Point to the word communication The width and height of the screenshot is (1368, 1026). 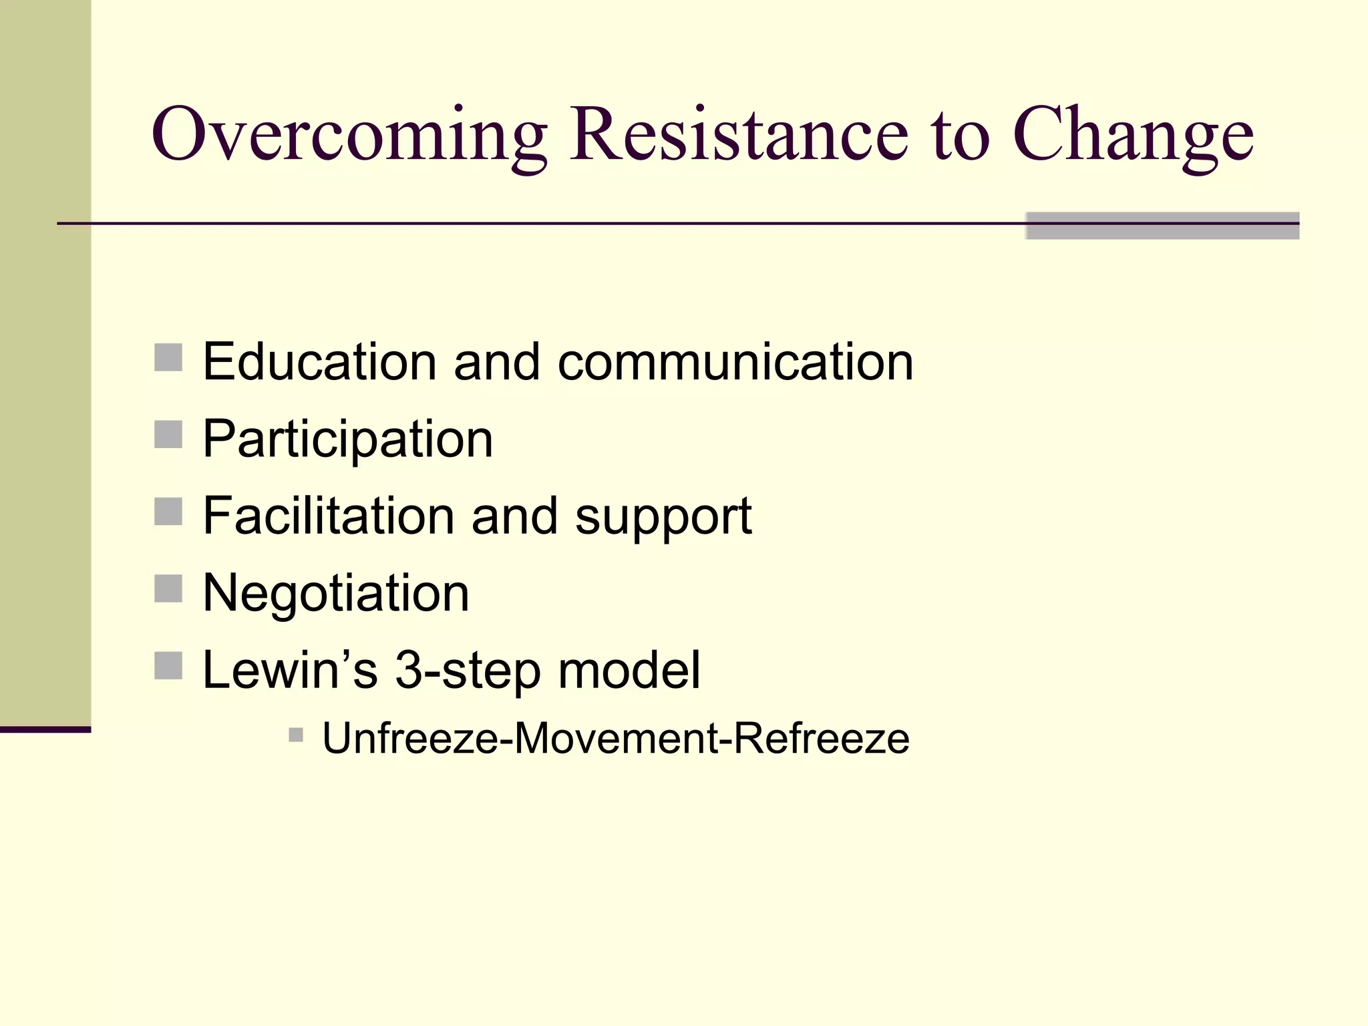[x=735, y=361]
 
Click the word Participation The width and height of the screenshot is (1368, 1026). [x=347, y=440]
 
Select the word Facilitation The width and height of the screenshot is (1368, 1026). [x=327, y=516]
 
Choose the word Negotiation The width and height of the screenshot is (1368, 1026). [x=335, y=593]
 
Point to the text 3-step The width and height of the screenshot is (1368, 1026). [x=468, y=671]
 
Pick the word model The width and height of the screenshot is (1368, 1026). [x=629, y=669]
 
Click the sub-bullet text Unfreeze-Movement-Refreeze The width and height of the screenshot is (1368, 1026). [x=615, y=739]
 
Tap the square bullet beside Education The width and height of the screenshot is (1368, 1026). [x=168, y=357]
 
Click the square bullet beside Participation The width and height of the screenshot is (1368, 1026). [x=168, y=435]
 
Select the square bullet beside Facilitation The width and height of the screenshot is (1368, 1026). [x=168, y=512]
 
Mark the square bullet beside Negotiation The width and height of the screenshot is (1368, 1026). [x=168, y=588]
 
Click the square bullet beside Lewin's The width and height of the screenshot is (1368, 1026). [x=168, y=666]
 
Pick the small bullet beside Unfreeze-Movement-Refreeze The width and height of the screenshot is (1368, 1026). [x=296, y=735]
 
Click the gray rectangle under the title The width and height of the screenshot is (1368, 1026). [x=1162, y=226]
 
